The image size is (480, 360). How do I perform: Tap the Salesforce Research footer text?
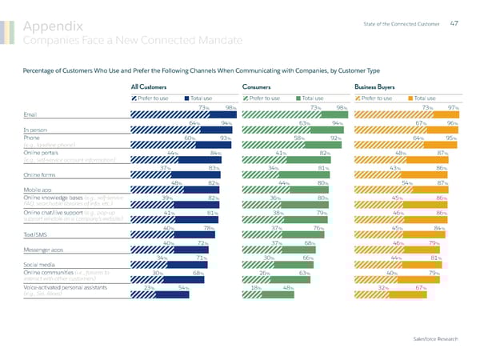pos(436,339)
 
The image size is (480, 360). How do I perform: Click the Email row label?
pos(32,114)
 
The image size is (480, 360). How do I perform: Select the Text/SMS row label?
pos(38,234)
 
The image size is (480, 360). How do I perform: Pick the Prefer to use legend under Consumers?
pos(260,98)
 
